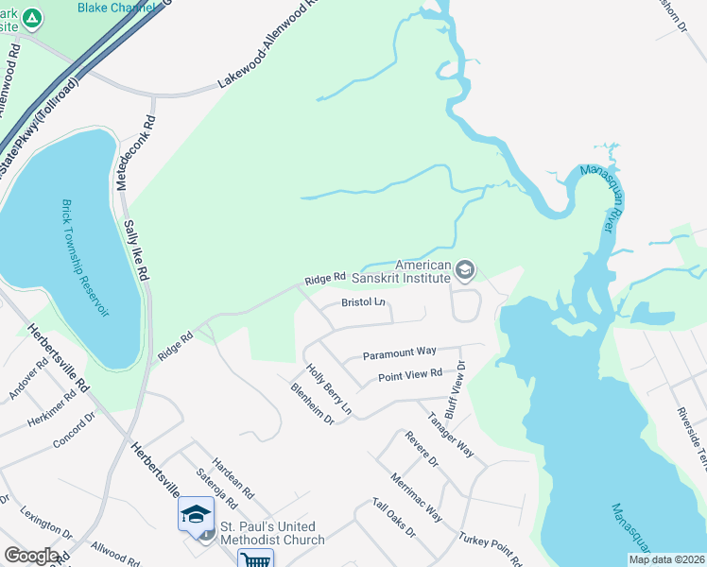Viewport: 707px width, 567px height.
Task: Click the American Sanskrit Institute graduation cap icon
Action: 465,271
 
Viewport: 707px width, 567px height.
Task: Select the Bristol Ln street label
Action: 364,303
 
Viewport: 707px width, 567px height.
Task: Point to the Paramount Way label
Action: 400,352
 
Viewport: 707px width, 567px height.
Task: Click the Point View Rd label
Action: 410,375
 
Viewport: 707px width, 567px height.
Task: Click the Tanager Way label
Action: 449,434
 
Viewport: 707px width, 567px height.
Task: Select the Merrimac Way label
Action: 416,496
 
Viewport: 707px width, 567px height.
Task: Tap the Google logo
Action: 31,556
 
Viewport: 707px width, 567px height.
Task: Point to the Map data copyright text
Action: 665,559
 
